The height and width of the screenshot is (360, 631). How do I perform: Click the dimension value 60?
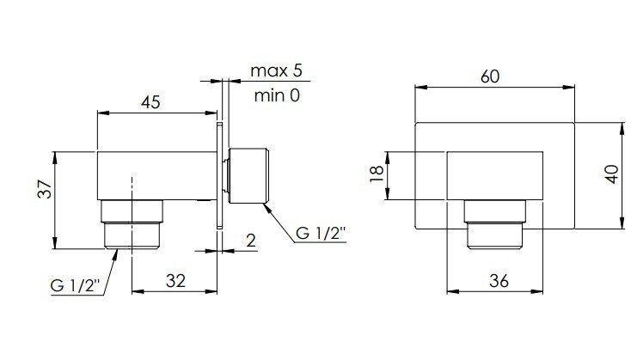click(x=491, y=76)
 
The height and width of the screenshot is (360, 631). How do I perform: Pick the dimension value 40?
click(x=611, y=175)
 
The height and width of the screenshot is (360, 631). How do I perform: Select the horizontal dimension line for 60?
click(x=495, y=87)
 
